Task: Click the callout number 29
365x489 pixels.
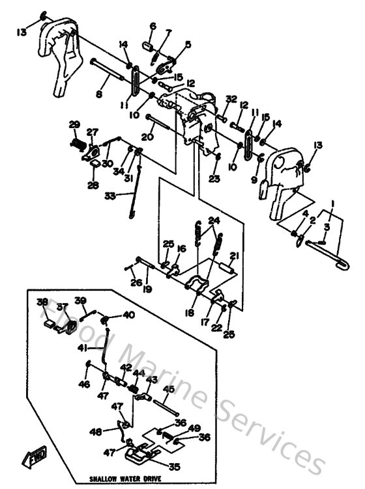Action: point(74,124)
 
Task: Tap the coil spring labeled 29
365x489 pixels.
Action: point(77,139)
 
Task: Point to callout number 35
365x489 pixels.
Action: point(173,466)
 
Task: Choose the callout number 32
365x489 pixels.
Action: point(231,99)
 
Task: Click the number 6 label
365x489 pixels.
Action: point(153,26)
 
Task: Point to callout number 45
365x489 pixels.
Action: point(168,390)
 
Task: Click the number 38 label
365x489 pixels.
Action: point(42,302)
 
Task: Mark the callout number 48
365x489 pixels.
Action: point(95,431)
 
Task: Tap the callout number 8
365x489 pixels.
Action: point(99,94)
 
